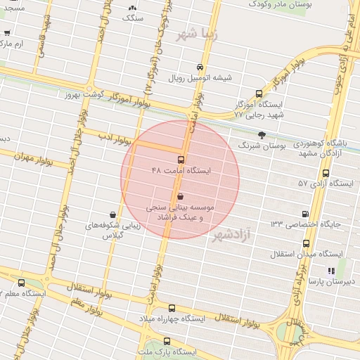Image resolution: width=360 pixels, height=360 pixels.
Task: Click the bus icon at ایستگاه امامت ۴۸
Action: [x=181, y=160]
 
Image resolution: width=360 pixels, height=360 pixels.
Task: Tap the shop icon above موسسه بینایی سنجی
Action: [x=181, y=197]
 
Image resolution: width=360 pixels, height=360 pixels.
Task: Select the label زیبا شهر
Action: [x=198, y=33]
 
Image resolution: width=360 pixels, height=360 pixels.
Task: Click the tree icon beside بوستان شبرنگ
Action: [x=262, y=134]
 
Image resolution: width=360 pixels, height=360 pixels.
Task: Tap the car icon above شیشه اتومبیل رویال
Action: [x=200, y=67]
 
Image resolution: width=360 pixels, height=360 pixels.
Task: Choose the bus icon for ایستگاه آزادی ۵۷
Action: [x=325, y=173]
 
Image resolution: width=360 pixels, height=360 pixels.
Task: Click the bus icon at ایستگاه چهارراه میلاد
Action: [x=172, y=308]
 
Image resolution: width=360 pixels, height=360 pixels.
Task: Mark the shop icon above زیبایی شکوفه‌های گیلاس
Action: [x=112, y=214]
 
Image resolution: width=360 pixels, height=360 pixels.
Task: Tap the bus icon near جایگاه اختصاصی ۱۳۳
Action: [x=304, y=214]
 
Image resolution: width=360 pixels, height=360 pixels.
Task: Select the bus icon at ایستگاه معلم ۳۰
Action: [x=21, y=282]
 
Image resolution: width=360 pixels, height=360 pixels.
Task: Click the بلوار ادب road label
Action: [x=110, y=135]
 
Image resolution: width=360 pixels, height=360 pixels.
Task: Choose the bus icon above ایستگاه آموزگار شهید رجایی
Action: [x=259, y=92]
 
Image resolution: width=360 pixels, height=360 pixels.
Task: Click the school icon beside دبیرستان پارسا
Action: [x=330, y=271]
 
